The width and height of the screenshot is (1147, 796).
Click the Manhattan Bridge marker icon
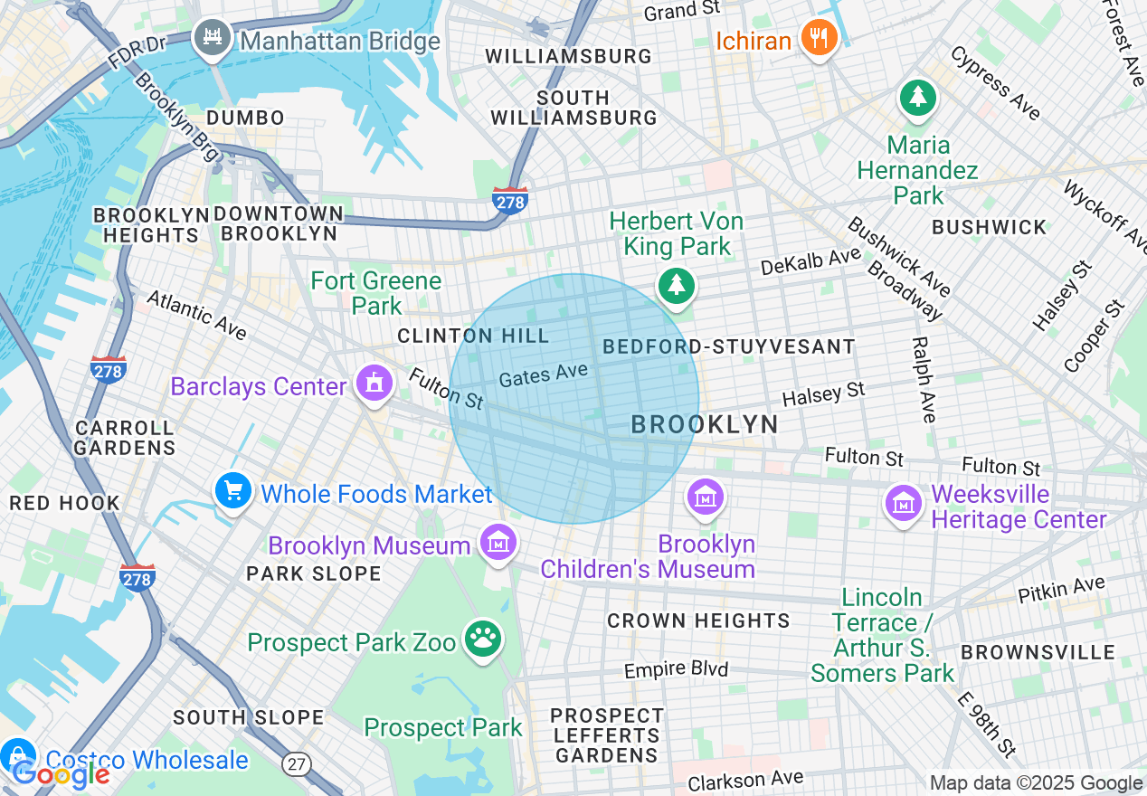coord(213,39)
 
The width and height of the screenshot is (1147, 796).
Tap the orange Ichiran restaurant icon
coord(819,39)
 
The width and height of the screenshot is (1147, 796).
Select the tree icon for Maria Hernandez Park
coord(918,97)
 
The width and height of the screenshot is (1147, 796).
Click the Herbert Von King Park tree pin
coord(676,286)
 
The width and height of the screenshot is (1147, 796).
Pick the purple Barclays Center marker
coord(374,384)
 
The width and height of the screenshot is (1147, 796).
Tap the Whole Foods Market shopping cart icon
coord(234,491)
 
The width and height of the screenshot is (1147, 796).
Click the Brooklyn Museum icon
coord(498,543)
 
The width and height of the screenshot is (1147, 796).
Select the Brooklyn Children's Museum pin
coord(705,497)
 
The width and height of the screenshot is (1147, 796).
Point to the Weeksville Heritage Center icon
coord(904,503)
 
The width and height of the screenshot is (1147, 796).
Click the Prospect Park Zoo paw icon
coord(483,640)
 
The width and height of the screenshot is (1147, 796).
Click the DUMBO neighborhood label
coord(245,118)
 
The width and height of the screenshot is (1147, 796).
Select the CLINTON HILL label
coord(473,336)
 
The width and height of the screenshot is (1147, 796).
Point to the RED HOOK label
coord(64,503)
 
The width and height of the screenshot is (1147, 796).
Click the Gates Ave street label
coord(544,374)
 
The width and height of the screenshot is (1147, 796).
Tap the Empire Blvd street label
coord(676,671)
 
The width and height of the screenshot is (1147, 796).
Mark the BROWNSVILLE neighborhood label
coord(1038,652)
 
